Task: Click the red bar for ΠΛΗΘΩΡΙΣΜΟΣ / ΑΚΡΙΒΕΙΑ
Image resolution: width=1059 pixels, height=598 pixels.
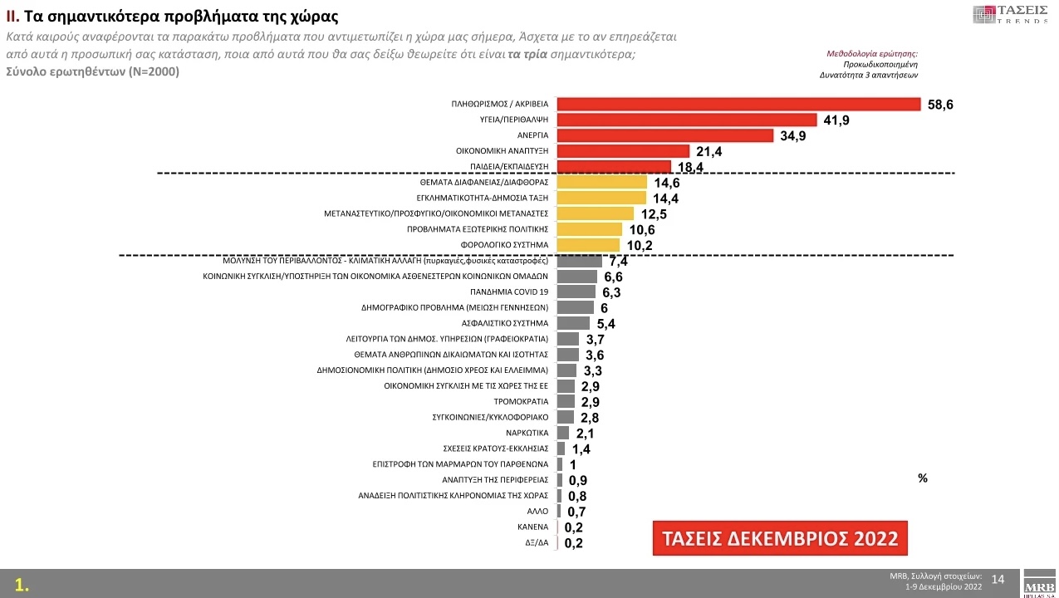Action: pyautogui.click(x=738, y=104)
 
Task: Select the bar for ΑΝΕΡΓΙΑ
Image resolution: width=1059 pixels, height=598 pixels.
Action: pyautogui.click(x=664, y=135)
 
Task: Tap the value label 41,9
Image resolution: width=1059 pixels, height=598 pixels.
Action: pyautogui.click(x=836, y=120)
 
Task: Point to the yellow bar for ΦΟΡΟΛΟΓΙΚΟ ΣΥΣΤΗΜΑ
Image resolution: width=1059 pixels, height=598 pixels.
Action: pyautogui.click(x=588, y=245)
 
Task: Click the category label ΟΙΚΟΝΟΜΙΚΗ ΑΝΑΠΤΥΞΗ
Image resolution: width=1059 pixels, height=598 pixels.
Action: pyautogui.click(x=503, y=151)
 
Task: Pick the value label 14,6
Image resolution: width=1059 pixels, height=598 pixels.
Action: pyautogui.click(x=667, y=183)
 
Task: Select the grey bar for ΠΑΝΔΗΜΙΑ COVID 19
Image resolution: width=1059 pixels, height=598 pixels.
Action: pyautogui.click(x=576, y=292)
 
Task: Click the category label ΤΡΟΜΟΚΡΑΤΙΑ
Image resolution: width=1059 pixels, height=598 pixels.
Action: pyautogui.click(x=527, y=402)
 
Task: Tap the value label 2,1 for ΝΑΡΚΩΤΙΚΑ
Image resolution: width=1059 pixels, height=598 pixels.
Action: pyautogui.click(x=586, y=434)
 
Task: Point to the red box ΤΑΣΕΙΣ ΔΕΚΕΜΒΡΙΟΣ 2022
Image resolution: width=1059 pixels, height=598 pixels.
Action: pyautogui.click(x=780, y=538)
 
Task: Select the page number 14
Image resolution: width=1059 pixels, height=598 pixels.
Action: pyautogui.click(x=998, y=579)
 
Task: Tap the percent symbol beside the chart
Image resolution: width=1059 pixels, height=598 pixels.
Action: pyautogui.click(x=923, y=478)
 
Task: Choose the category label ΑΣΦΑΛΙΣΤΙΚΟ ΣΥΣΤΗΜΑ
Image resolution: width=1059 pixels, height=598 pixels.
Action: pyautogui.click(x=505, y=323)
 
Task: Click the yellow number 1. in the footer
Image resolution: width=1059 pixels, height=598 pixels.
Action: pyautogui.click(x=22, y=585)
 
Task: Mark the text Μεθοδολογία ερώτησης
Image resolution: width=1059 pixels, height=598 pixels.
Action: pyautogui.click(x=872, y=53)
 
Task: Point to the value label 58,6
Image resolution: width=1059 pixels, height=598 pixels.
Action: pyautogui.click(x=940, y=105)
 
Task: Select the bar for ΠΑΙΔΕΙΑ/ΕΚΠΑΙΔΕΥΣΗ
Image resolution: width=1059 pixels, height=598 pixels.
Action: pyautogui.click(x=614, y=167)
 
